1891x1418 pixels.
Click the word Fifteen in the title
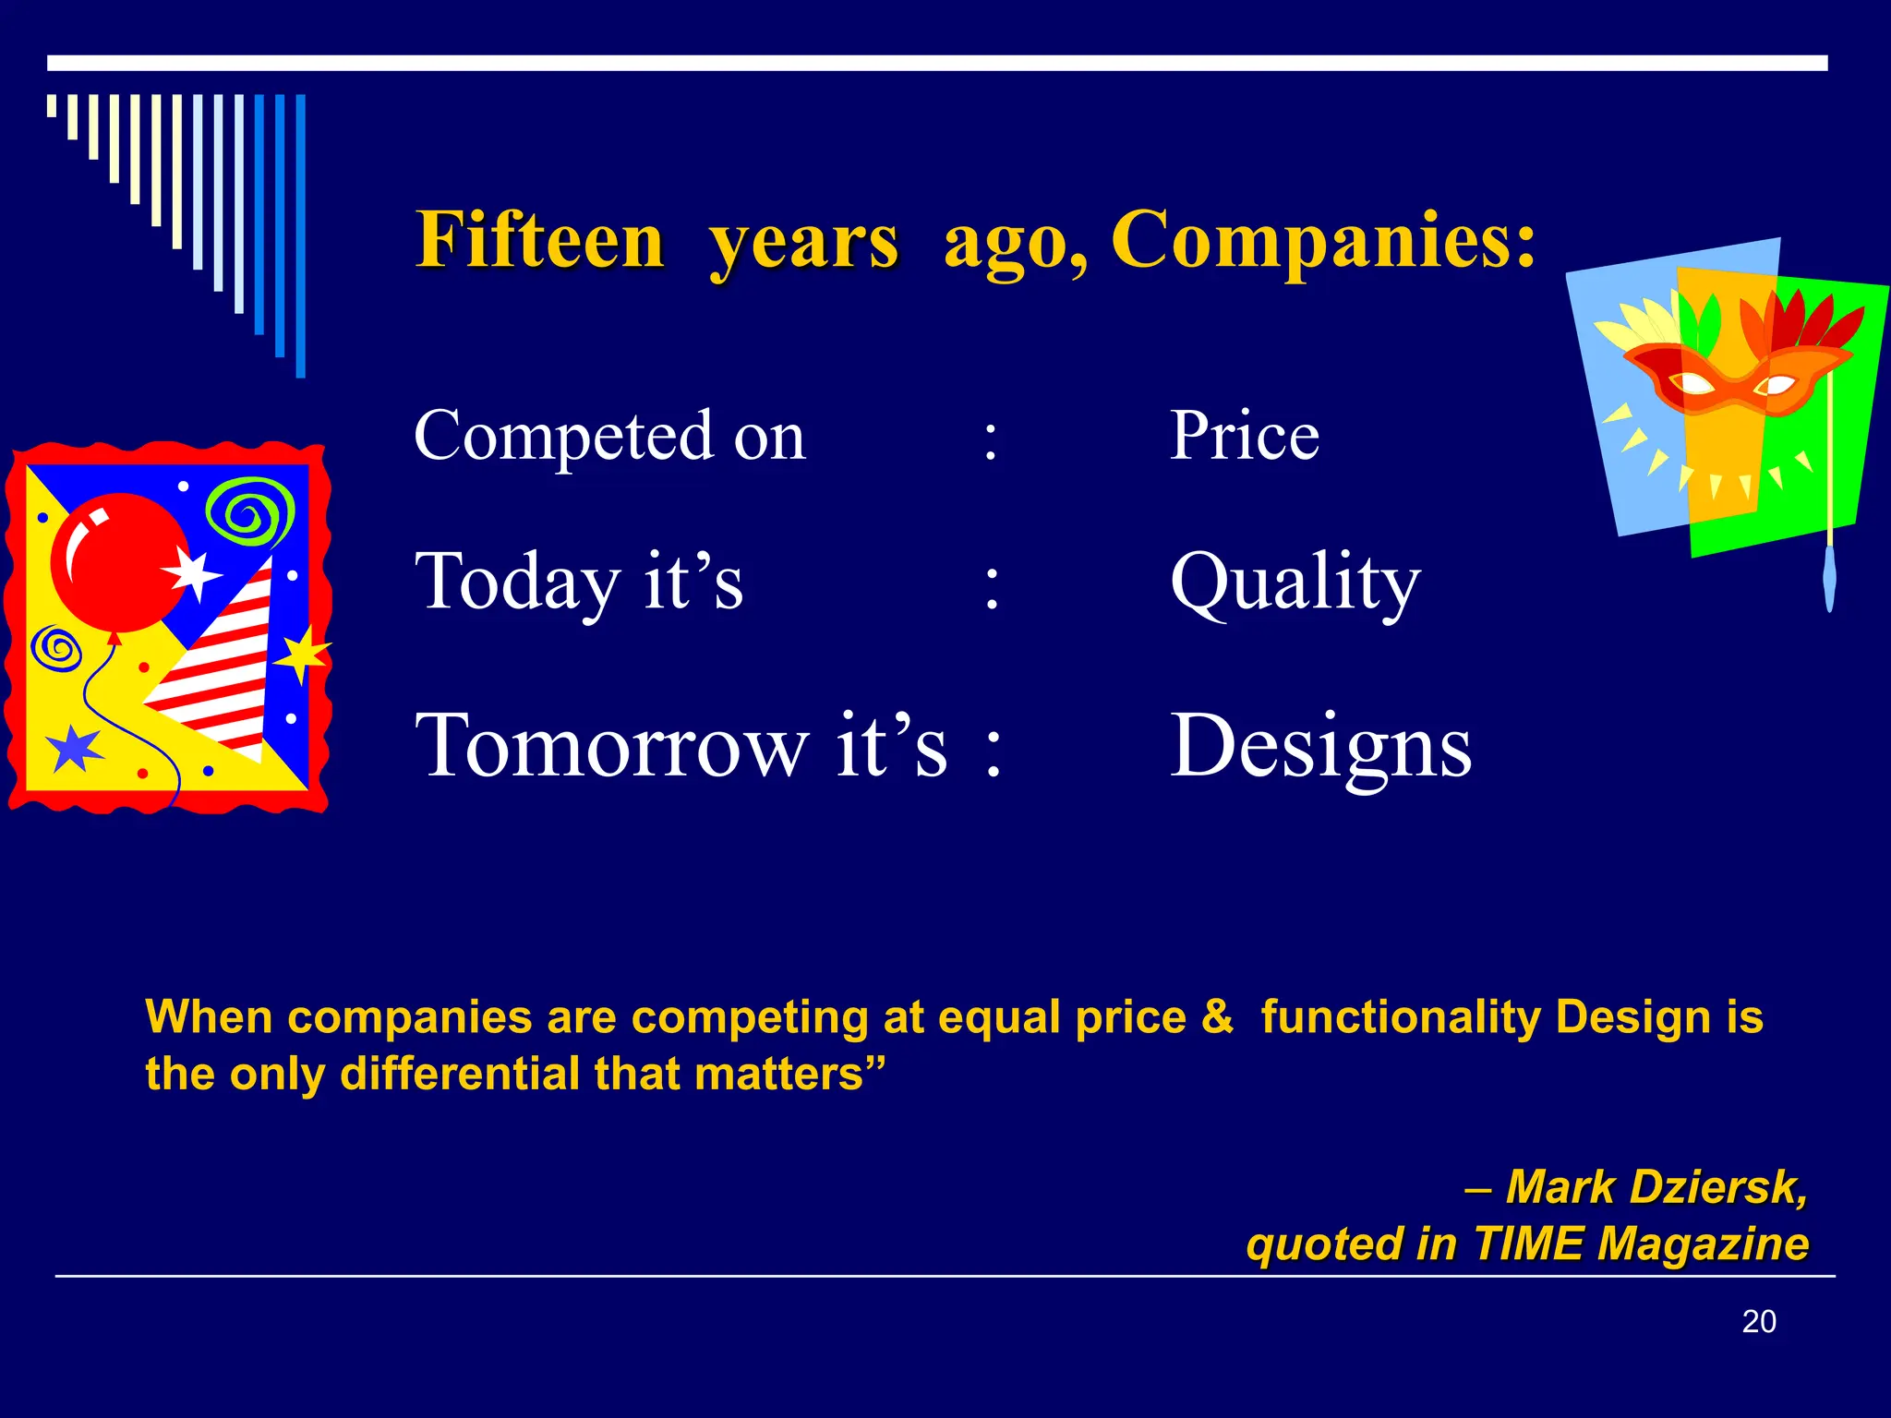(x=540, y=240)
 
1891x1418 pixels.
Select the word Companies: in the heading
(x=1323, y=240)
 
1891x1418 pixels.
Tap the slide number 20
(x=1758, y=1321)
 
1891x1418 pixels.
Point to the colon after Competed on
(x=990, y=439)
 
